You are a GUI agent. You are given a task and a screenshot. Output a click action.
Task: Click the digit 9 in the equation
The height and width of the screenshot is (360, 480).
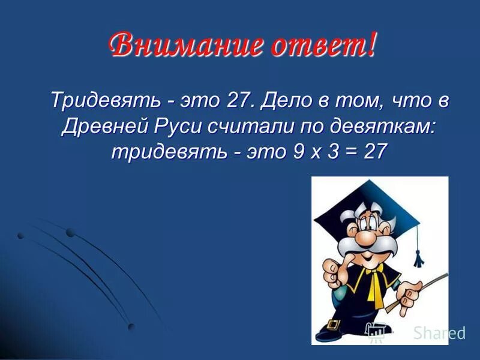click(x=299, y=151)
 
